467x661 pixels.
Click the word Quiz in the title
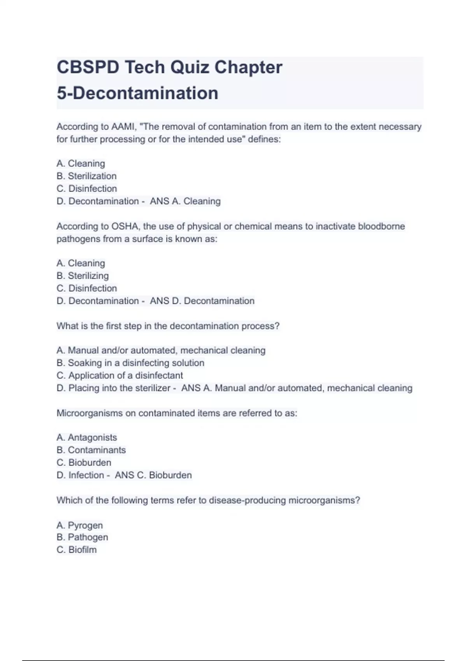pos(190,67)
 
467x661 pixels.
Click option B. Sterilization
pos(86,176)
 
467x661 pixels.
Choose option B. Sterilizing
pos(83,276)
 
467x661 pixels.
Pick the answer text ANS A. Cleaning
pos(185,201)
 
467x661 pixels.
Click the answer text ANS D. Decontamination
pos(202,301)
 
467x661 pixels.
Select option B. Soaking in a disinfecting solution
pos(130,363)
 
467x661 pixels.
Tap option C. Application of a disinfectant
pos(119,376)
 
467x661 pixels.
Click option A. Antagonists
pos(86,437)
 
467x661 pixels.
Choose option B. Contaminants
pos(91,450)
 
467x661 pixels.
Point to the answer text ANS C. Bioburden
pos(153,475)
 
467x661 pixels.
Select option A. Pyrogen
pos(80,525)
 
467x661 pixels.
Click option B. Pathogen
pos(82,537)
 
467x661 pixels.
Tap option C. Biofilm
pos(77,550)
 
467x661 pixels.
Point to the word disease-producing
pos(247,500)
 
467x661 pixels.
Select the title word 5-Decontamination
pos(137,93)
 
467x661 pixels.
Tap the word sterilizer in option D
pos(153,388)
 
